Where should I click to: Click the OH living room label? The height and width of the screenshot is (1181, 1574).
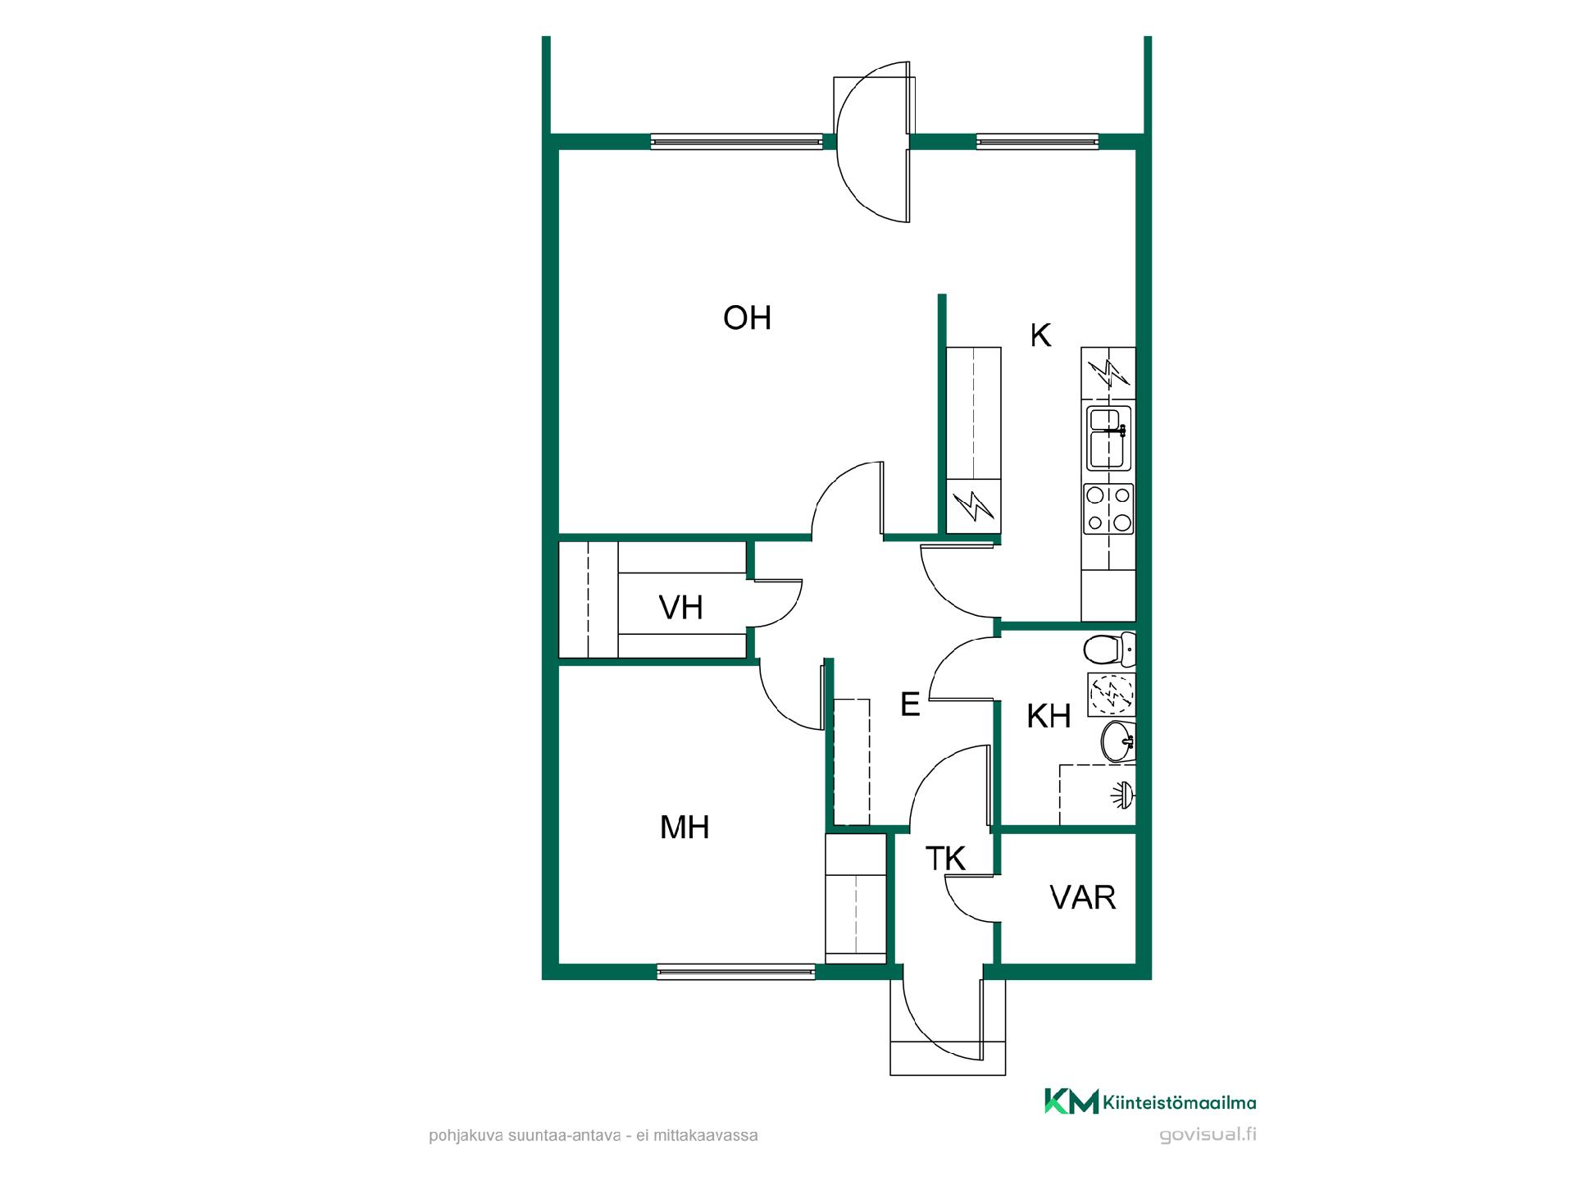pyautogui.click(x=747, y=317)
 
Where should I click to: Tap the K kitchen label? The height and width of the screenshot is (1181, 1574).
pyautogui.click(x=1040, y=335)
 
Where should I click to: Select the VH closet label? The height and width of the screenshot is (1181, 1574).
pyautogui.click(x=681, y=608)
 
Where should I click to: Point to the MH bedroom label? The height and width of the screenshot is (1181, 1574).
pyautogui.click(x=685, y=828)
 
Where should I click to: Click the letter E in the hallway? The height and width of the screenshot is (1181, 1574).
pyautogui.click(x=910, y=704)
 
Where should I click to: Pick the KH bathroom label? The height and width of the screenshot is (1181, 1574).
pyautogui.click(x=1049, y=716)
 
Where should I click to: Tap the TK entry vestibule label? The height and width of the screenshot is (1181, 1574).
pyautogui.click(x=945, y=859)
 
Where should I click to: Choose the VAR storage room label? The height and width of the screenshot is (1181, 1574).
pyautogui.click(x=1083, y=898)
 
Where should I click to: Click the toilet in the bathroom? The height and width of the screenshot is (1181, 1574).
pyautogui.click(x=1109, y=650)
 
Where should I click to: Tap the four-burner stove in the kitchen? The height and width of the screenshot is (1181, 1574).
pyautogui.click(x=1109, y=508)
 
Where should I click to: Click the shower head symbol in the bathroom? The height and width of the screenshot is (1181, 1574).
pyautogui.click(x=1124, y=794)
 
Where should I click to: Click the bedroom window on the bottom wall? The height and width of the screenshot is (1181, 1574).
pyautogui.click(x=736, y=973)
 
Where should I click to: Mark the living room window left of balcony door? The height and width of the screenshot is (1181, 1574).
pyautogui.click(x=736, y=141)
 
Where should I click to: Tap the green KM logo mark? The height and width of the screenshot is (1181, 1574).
pyautogui.click(x=1071, y=1101)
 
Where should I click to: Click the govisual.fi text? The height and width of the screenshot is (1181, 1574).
pyautogui.click(x=1208, y=1135)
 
